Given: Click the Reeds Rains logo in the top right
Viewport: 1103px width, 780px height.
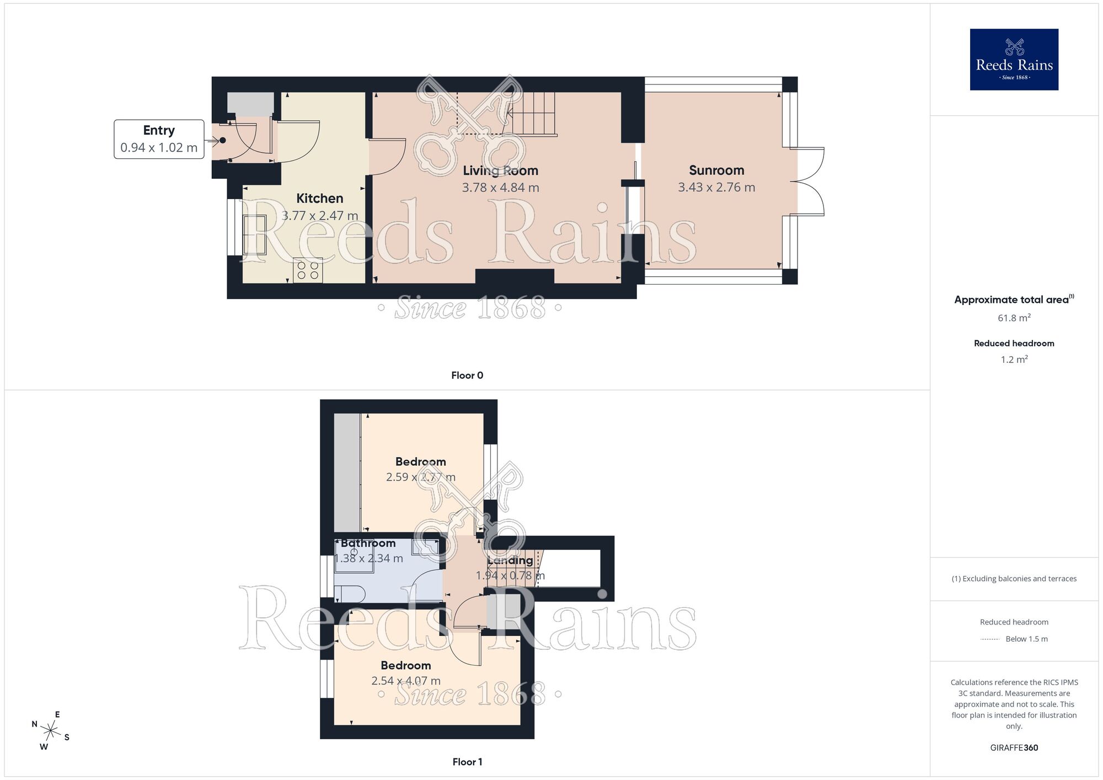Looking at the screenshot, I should [x=1014, y=60].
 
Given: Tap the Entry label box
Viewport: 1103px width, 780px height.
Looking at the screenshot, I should [x=159, y=139].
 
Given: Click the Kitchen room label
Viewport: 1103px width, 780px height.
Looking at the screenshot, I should [x=319, y=199].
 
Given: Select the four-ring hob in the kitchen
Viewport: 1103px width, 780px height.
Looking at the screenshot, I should [x=308, y=270].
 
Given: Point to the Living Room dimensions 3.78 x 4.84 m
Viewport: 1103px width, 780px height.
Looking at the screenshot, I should [x=500, y=188].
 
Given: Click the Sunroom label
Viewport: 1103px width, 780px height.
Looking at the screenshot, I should [x=716, y=170].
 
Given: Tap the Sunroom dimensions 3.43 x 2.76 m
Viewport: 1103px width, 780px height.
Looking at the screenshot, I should [x=716, y=188].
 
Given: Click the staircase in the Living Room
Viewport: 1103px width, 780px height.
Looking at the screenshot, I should [x=532, y=113].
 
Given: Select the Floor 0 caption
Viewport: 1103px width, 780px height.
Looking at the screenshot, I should [x=467, y=376].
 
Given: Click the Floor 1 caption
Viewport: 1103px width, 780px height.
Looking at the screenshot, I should [x=467, y=762].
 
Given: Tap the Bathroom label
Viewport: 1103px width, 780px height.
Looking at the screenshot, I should [x=368, y=543].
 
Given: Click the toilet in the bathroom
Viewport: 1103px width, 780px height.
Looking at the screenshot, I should [x=350, y=594].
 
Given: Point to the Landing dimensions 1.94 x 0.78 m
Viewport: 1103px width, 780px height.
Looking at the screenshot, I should [x=510, y=576].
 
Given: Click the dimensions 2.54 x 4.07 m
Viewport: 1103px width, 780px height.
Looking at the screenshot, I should [x=406, y=681].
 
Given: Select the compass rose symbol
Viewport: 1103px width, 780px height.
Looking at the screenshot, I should [x=50, y=731].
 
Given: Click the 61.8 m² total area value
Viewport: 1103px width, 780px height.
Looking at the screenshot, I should [x=1014, y=318].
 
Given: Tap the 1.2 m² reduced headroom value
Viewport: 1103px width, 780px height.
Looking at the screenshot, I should [x=1014, y=360].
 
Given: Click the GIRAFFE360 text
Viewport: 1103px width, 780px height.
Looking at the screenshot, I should [x=1014, y=748].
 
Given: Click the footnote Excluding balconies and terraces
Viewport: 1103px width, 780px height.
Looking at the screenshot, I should [x=1014, y=579].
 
